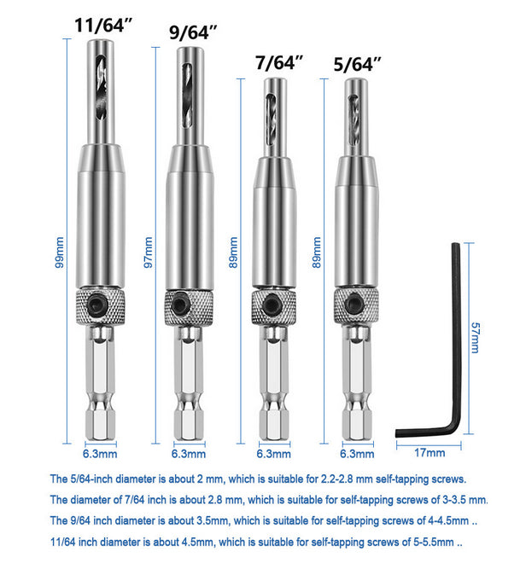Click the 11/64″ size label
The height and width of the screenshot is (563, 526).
(103, 25)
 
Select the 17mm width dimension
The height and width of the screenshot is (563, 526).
(430, 453)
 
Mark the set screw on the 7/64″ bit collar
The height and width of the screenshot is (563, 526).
(272, 303)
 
